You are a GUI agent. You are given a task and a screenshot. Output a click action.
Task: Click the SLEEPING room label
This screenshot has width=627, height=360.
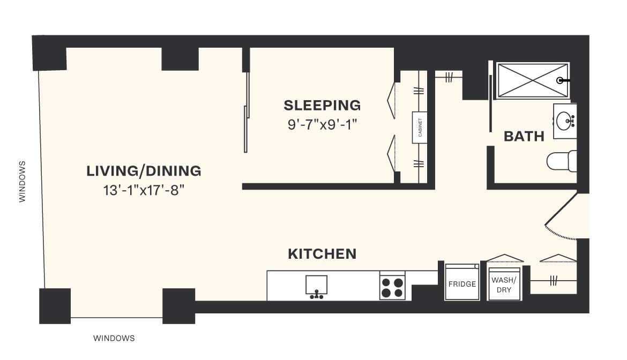tap(322, 106)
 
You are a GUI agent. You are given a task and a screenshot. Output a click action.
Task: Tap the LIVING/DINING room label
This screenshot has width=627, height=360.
tap(144, 171)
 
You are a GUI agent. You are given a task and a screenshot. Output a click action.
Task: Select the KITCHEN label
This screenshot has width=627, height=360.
tap(322, 254)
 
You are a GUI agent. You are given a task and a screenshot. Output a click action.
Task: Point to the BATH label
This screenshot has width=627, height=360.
tap(524, 137)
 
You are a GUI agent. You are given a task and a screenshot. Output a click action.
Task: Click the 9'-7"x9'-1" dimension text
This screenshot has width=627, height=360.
tap(322, 125)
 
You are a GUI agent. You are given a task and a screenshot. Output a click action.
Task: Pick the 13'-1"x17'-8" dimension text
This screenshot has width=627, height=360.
tap(144, 191)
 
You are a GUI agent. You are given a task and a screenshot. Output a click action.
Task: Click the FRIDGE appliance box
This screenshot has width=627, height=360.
tap(462, 282)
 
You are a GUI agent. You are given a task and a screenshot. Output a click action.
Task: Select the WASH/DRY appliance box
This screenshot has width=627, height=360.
tap(505, 284)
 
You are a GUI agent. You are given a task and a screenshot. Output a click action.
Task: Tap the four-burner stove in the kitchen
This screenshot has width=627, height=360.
tap(392, 286)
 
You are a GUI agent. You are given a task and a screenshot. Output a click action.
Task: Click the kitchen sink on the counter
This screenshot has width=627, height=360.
tap(317, 286)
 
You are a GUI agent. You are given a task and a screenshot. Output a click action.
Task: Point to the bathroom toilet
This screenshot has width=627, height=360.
tap(562, 161)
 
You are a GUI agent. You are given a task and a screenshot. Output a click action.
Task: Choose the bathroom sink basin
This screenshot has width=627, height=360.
tap(565, 119)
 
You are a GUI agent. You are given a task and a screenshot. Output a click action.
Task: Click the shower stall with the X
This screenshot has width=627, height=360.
tap(533, 80)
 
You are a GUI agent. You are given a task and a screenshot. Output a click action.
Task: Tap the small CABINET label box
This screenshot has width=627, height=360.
tap(420, 127)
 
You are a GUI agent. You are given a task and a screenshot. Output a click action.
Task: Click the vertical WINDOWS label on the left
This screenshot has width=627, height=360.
tap(23, 182)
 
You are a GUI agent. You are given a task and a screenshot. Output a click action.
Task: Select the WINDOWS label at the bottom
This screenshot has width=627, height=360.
tap(114, 339)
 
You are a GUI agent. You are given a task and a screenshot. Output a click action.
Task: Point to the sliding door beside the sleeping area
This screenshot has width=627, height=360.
tap(247, 112)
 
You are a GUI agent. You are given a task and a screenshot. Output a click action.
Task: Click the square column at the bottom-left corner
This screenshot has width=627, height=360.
tap(55, 306)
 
